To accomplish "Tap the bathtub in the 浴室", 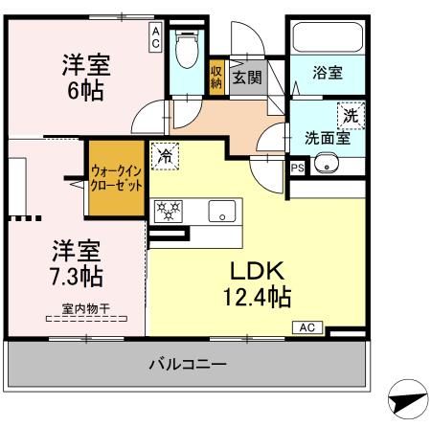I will pos(324,38).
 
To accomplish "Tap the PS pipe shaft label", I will pos(296,167).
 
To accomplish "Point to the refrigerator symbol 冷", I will pos(166,153).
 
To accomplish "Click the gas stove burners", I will pos(170,210).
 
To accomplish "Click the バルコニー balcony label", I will pos(188,364).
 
